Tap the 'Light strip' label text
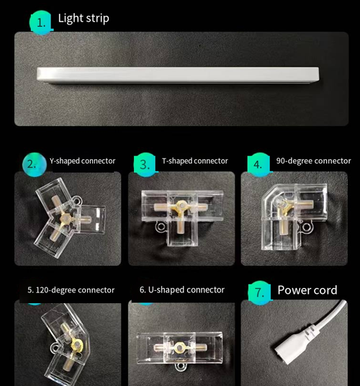(84, 18)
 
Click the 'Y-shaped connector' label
(82, 161)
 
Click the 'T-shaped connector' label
(194, 161)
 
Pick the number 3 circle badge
(145, 164)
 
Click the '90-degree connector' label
(313, 161)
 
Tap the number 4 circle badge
(258, 164)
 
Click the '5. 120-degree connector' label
(71, 290)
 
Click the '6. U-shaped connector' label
(182, 290)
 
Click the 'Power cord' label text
(307, 290)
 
